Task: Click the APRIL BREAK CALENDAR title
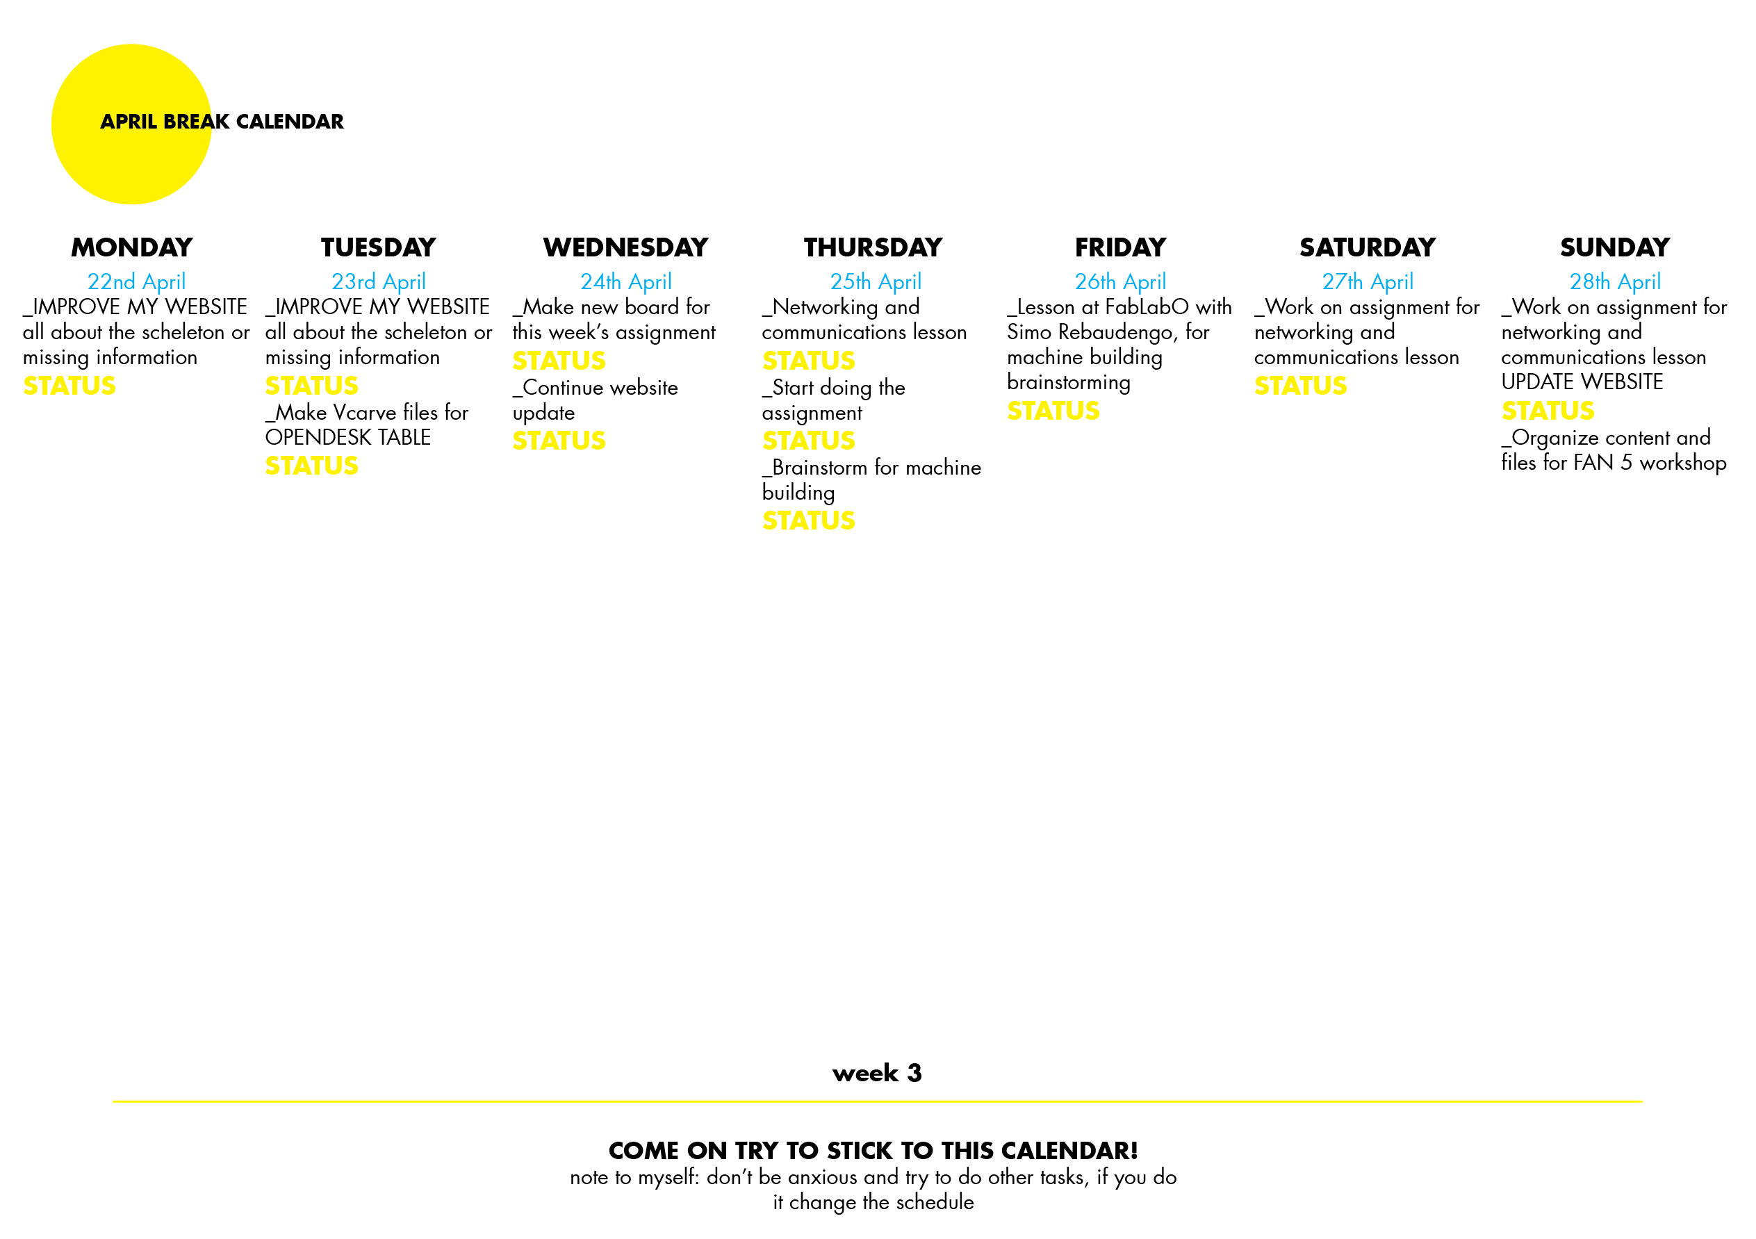tap(222, 122)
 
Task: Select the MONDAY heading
tap(131, 248)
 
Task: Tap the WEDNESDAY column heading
tap(625, 248)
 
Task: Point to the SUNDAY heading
tap(1614, 248)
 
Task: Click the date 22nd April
tap(136, 282)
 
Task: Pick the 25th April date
tap(876, 282)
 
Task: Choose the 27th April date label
tap(1368, 282)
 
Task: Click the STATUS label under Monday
tap(69, 386)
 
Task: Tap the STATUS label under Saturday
tap(1300, 386)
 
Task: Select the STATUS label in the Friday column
tap(1053, 411)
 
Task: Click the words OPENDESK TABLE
tap(348, 438)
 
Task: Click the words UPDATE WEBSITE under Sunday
tap(1582, 382)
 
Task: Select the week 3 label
tap(876, 1073)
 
